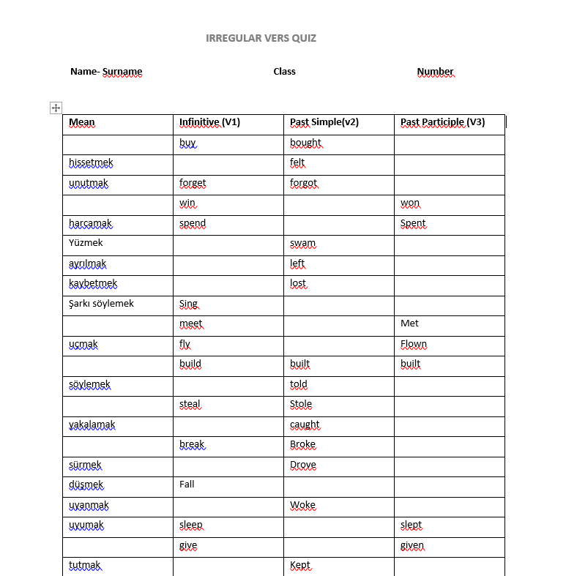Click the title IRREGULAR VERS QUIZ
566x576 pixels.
(261, 38)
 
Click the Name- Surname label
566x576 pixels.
(106, 72)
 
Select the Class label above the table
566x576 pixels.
(284, 72)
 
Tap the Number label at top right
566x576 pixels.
(435, 72)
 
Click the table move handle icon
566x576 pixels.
(56, 108)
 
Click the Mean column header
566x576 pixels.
(82, 122)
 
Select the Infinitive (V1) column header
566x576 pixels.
(209, 122)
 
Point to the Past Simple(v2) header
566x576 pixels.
(324, 122)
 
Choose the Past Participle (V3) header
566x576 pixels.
(442, 122)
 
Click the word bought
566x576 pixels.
(305, 143)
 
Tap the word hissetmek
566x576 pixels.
(91, 162)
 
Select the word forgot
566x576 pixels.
(303, 183)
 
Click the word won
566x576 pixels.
(410, 203)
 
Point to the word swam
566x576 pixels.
(302, 243)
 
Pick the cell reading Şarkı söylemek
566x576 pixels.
(101, 304)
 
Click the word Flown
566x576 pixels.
(413, 344)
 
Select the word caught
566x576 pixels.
(305, 424)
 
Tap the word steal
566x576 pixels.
(190, 404)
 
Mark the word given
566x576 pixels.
(412, 545)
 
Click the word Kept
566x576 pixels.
(300, 565)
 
